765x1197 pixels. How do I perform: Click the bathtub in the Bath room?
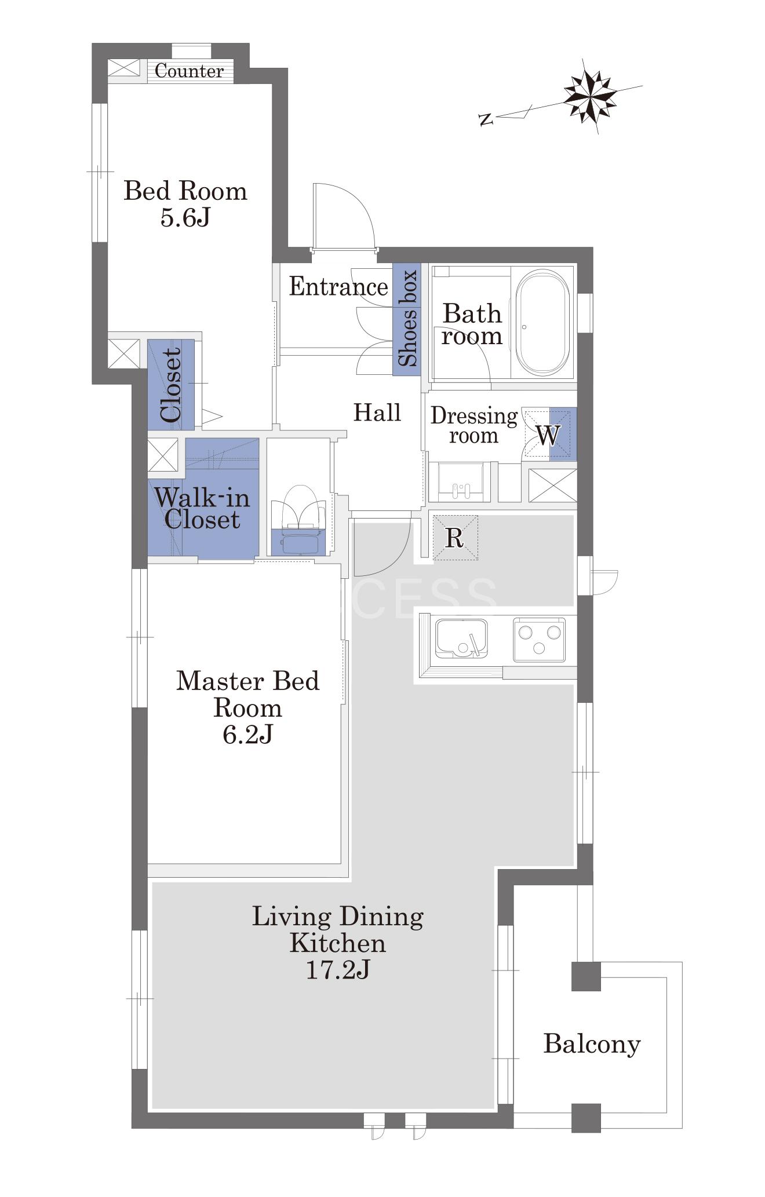pyautogui.click(x=542, y=323)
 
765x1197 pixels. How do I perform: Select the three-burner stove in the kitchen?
pyautogui.click(x=539, y=639)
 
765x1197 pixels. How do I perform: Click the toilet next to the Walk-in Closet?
pyautogui.click(x=299, y=519)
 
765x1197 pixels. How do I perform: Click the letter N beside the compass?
pyautogui.click(x=486, y=120)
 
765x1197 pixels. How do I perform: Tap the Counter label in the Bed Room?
pyautogui.click(x=190, y=71)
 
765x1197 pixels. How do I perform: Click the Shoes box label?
pyautogui.click(x=407, y=318)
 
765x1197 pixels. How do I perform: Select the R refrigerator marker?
pyautogui.click(x=454, y=538)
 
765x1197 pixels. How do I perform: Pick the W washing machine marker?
pyautogui.click(x=548, y=435)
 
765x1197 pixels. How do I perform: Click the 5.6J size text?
pyautogui.click(x=185, y=218)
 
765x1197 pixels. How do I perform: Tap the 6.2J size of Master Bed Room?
pyautogui.click(x=247, y=735)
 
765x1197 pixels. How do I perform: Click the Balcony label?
pyautogui.click(x=592, y=1044)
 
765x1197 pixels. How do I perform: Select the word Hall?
pyautogui.click(x=377, y=413)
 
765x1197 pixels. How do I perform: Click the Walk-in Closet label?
pyautogui.click(x=202, y=508)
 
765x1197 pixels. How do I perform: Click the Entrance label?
pyautogui.click(x=338, y=287)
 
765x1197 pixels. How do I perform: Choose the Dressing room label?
pyautogui.click(x=474, y=425)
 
